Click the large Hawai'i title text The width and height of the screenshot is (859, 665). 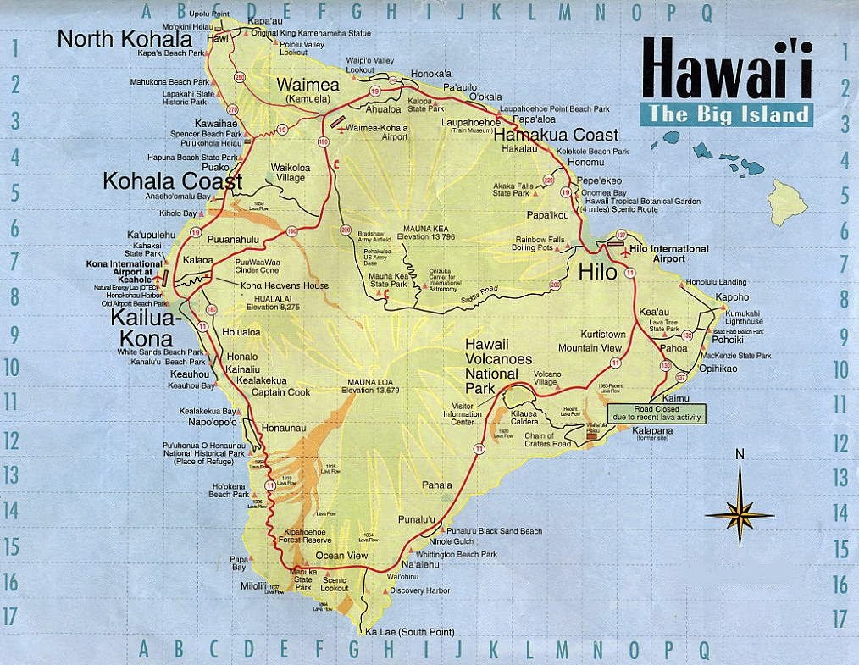click(726, 69)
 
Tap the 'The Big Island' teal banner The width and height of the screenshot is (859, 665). click(726, 114)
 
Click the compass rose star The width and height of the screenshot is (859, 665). click(740, 513)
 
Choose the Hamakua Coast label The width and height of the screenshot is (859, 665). click(555, 136)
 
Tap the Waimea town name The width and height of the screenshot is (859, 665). click(308, 86)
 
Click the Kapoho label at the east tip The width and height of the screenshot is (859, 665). click(732, 298)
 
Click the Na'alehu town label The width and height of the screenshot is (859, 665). click(420, 564)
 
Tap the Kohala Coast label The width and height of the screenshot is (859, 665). click(172, 180)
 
